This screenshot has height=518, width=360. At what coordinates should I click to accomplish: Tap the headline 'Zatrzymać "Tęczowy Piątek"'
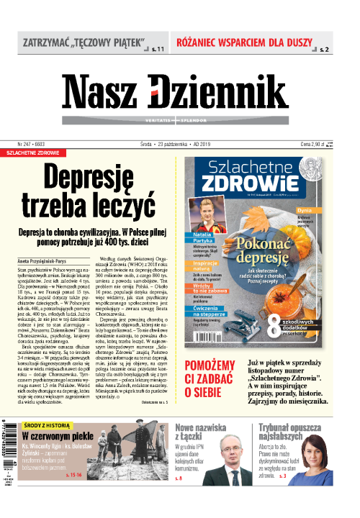coord(84,42)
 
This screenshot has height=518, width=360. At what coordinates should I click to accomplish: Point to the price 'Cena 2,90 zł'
coord(315,144)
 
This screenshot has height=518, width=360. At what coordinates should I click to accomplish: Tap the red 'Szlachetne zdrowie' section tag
coord(34,153)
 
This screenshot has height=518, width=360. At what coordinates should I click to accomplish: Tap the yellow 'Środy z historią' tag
coord(47,425)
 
